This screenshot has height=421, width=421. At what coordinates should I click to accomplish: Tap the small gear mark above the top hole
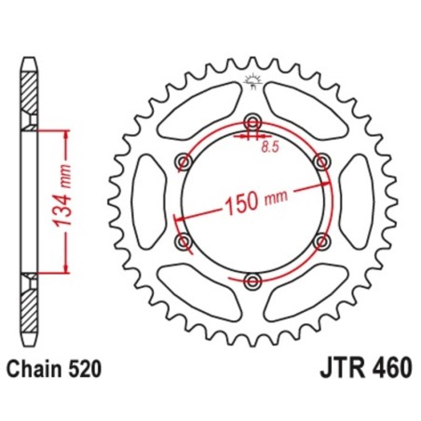point(251,83)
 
